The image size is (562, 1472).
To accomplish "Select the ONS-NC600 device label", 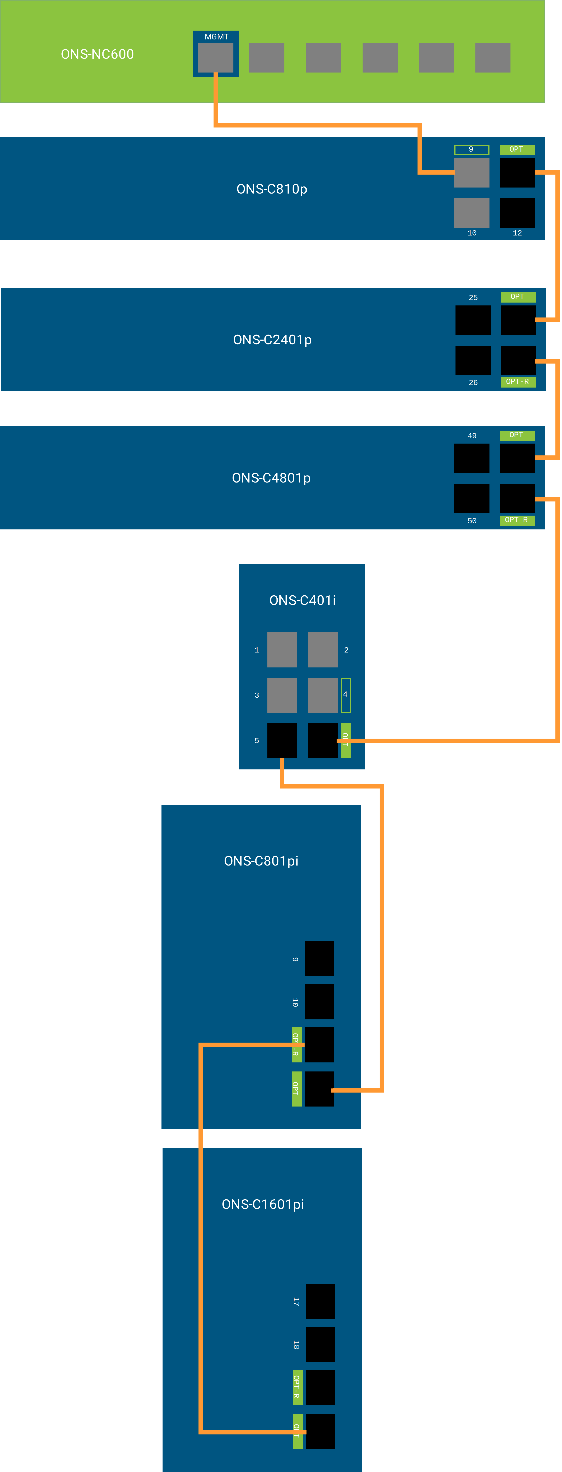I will tap(97, 54).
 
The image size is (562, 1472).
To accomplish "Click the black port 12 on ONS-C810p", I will tap(517, 213).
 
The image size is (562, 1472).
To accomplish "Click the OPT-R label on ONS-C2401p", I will tap(517, 382).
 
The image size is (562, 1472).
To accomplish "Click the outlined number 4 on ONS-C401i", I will tap(346, 695).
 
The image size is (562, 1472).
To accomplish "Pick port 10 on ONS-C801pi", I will tap(319, 1002).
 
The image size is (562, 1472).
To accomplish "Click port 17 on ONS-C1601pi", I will tap(320, 1302).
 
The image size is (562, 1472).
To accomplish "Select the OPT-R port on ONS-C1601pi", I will tap(320, 1387).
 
